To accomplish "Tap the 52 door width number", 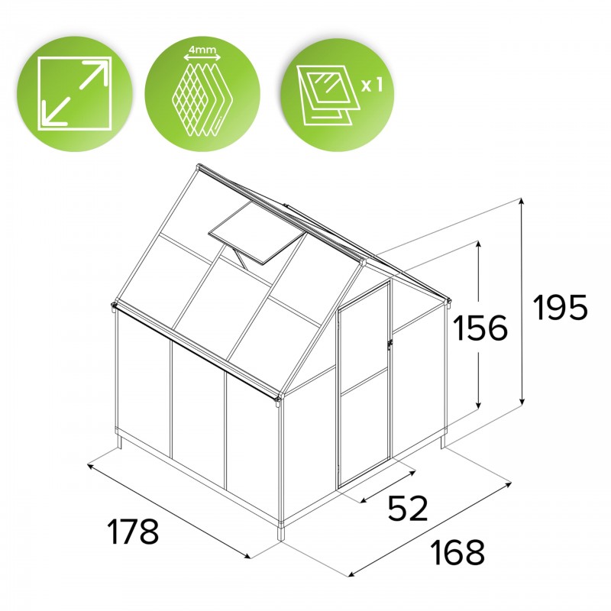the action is (x=408, y=509).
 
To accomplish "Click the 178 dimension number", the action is (x=133, y=532).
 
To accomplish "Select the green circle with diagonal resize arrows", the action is (x=75, y=93).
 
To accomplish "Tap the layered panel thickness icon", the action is (x=202, y=93).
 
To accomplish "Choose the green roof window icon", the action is (x=338, y=93).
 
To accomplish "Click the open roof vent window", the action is (x=257, y=238).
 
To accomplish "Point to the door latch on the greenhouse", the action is (x=390, y=344).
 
